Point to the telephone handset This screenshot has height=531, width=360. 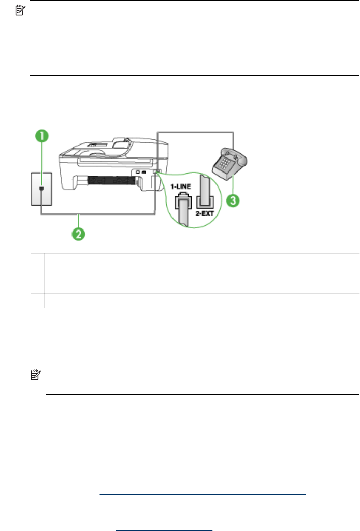[x=230, y=155]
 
